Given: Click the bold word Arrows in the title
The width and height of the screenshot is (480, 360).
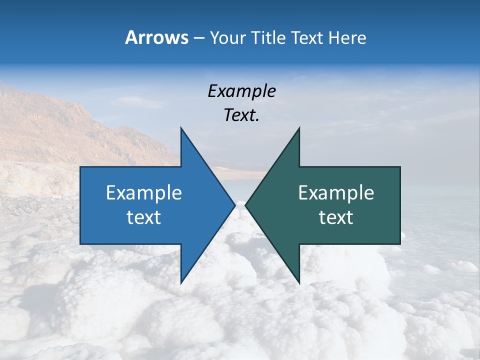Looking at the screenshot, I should tap(156, 37).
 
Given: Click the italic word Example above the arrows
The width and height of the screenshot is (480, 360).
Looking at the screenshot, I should tap(241, 91).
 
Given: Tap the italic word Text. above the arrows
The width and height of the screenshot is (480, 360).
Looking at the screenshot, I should tap(241, 115).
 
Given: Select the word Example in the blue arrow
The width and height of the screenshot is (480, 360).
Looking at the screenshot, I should tap(144, 193).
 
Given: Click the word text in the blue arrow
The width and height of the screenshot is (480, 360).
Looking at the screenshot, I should tap(144, 217).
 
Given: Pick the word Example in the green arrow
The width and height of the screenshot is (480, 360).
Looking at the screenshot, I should tap(336, 193).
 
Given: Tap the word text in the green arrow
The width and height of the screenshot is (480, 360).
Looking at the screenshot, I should tap(336, 217).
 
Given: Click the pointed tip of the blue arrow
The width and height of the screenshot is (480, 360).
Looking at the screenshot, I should tap(234, 205).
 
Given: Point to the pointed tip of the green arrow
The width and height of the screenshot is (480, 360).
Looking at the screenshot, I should tap(245, 205).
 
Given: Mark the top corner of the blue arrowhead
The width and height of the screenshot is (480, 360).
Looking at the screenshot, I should tap(181, 128).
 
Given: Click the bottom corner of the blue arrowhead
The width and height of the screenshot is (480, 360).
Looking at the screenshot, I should tap(181, 282).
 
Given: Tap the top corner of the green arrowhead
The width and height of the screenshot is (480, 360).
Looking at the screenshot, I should tap(299, 128).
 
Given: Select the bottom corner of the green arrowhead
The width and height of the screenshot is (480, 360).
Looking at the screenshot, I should tap(299, 282).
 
